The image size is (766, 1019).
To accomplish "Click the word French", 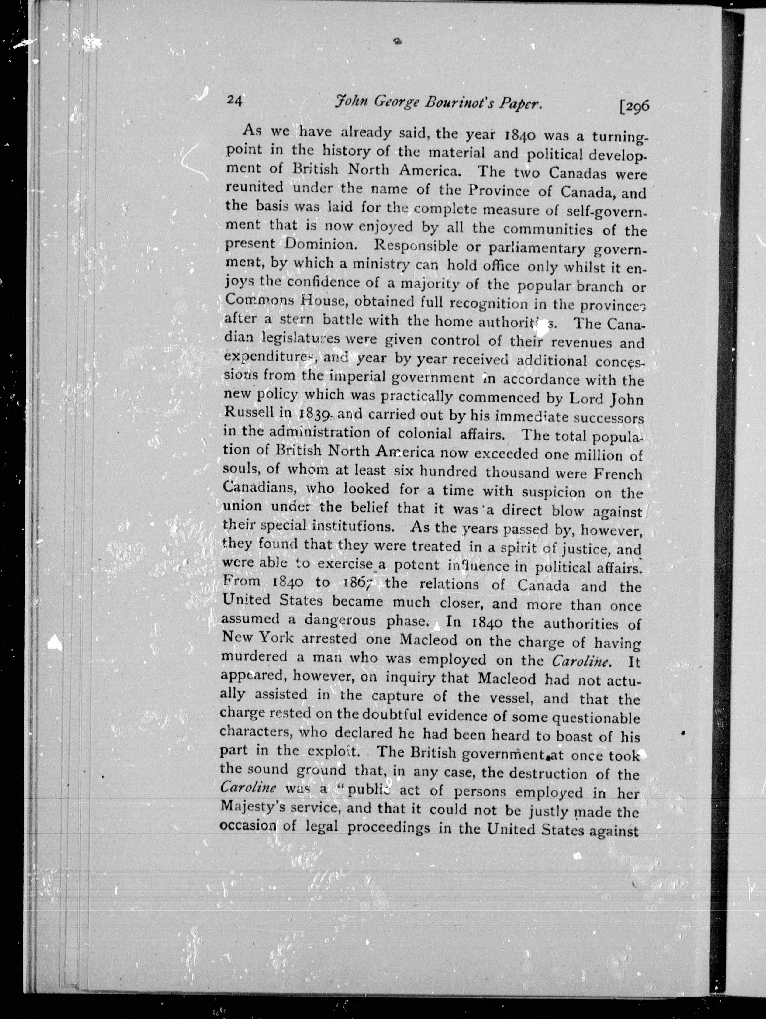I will tap(617, 474).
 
